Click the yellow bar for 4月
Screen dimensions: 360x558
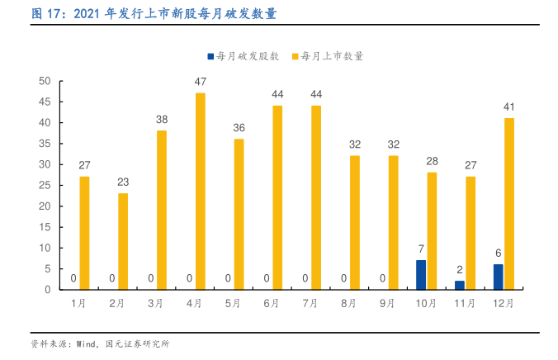(201, 192)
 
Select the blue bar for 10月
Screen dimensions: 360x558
(421, 275)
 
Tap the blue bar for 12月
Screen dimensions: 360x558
(498, 277)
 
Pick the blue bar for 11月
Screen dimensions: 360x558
(460, 286)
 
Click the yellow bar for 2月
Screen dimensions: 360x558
(123, 241)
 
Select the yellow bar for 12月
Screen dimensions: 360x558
(509, 204)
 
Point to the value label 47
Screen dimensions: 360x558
(201, 82)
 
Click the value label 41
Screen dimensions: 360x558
(509, 107)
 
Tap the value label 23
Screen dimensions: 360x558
(123, 182)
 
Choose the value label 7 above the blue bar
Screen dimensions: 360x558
(421, 249)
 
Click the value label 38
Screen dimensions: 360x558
(162, 120)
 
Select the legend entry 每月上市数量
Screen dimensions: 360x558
(332, 56)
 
